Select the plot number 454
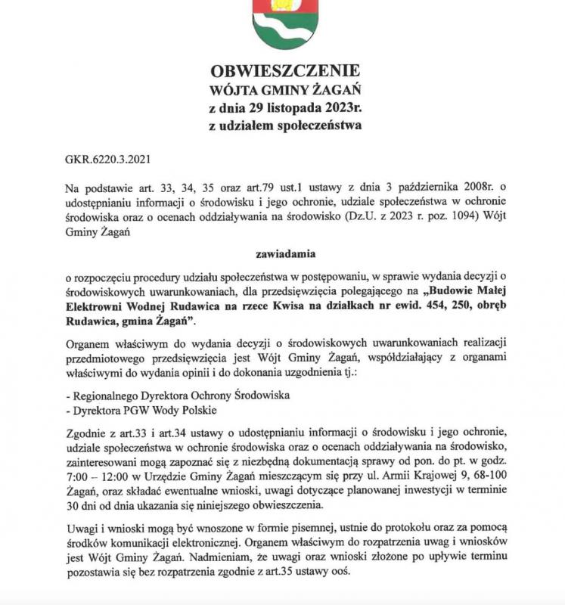436,308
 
